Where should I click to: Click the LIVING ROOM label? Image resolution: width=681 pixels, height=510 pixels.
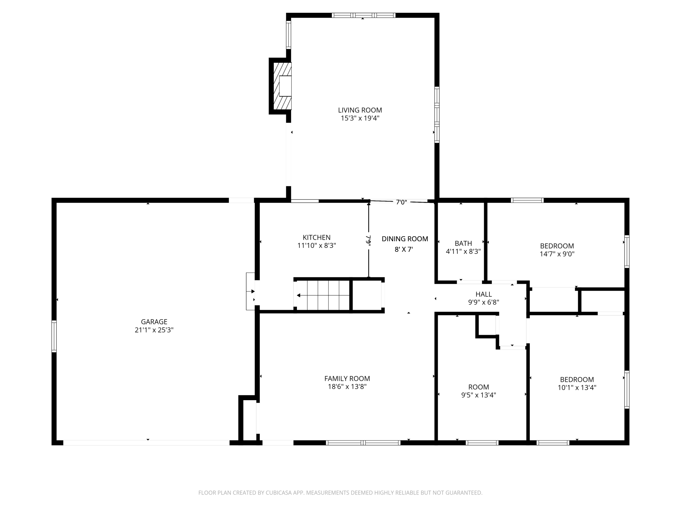tap(360, 110)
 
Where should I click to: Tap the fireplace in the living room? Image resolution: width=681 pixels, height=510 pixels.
tap(283, 86)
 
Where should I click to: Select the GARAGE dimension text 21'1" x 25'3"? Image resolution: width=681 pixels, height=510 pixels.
tap(154, 330)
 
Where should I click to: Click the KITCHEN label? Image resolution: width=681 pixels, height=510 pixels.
tap(317, 237)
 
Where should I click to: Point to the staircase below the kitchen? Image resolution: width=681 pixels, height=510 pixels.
tap(323, 295)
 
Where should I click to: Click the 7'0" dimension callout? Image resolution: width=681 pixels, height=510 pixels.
tap(401, 202)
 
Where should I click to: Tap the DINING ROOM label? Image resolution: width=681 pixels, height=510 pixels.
tap(405, 239)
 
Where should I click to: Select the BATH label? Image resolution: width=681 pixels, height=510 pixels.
tap(463, 243)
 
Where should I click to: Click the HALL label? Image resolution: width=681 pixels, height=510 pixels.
tap(484, 294)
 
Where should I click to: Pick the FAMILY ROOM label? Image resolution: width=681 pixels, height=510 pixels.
tap(347, 379)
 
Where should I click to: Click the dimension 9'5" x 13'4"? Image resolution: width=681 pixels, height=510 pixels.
tap(479, 395)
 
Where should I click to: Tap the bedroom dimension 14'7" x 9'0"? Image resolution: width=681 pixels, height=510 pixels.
tap(557, 254)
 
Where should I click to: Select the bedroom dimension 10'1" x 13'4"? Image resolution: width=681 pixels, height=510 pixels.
tap(577, 388)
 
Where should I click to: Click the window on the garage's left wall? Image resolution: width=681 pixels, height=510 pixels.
tap(54, 336)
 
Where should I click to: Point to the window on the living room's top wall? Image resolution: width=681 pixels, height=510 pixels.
tap(363, 15)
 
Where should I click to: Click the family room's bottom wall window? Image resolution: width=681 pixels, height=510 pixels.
tap(363, 443)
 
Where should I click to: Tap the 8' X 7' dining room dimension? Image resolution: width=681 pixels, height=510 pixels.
tap(404, 249)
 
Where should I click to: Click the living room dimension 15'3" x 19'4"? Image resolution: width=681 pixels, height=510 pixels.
tap(360, 118)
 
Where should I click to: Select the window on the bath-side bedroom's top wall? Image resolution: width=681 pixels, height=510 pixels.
tap(527, 200)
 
